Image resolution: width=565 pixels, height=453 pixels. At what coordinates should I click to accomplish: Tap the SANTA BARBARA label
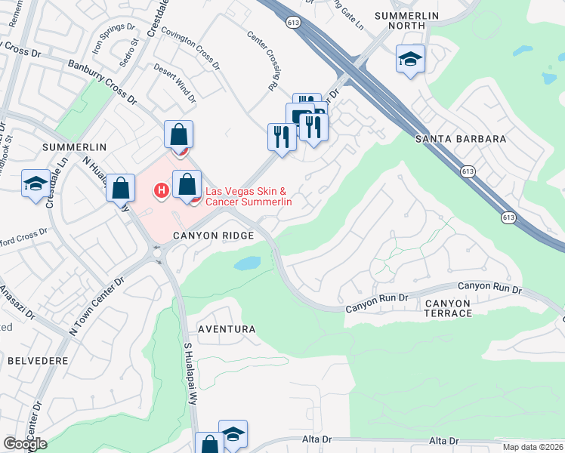(x=461, y=139)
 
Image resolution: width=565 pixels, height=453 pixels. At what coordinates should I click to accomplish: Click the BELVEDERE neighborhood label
(x=39, y=361)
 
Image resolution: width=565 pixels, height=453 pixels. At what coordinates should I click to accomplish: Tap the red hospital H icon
(x=160, y=190)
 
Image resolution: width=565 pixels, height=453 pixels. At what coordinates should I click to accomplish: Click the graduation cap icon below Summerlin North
(x=410, y=59)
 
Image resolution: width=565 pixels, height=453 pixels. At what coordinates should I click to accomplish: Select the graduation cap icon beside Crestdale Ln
(x=36, y=183)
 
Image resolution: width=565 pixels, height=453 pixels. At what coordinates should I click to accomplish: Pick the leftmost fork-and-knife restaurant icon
(x=279, y=136)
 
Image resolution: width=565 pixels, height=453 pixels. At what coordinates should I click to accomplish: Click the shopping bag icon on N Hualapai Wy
(x=121, y=187)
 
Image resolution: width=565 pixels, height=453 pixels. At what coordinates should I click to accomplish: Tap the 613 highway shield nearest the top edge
(x=293, y=23)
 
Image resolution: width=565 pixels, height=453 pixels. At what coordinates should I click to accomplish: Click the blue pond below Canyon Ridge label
(x=248, y=263)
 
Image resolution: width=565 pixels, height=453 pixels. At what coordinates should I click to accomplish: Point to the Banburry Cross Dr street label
(x=101, y=82)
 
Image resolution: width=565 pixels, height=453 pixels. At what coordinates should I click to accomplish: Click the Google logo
(x=25, y=444)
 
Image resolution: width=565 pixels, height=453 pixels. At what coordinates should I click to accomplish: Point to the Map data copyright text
(x=532, y=446)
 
